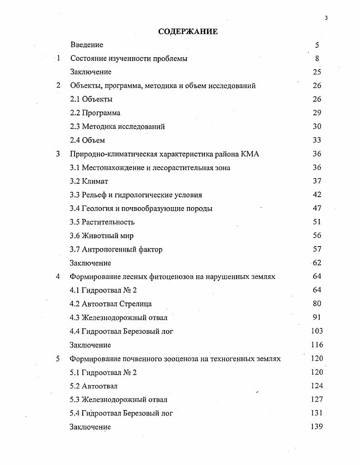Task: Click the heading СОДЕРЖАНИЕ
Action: [x=188, y=31]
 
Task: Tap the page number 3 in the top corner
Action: [x=326, y=18]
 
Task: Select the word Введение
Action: [x=87, y=45]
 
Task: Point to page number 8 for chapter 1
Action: [x=317, y=58]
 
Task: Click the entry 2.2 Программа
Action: [x=95, y=113]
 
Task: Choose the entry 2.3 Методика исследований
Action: [x=117, y=126]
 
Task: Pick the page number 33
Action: [x=317, y=140]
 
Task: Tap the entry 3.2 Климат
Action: [x=89, y=181]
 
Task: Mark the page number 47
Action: [x=317, y=208]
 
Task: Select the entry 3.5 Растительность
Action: [x=102, y=222]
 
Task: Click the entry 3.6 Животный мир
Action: [x=102, y=236]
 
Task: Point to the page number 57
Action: [x=317, y=249]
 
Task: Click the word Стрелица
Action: [x=135, y=304]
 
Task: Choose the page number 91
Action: [x=317, y=317]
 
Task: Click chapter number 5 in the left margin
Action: [x=58, y=359]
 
